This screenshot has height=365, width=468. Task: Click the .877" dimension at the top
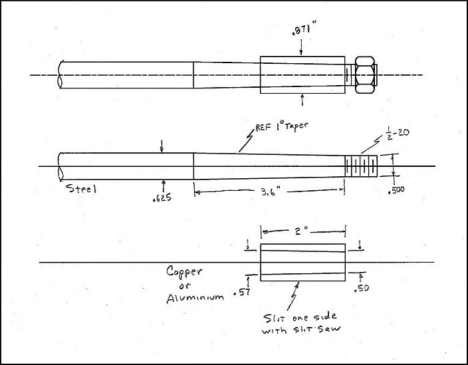pos(304,29)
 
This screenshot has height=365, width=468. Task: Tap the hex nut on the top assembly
pos(364,75)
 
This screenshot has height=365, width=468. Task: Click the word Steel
pos(81,188)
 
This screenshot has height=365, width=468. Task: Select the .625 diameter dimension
pos(162,197)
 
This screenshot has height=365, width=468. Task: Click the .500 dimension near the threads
pos(396,189)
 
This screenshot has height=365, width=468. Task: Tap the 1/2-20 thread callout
pos(398,132)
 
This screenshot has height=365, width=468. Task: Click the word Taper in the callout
pos(295,126)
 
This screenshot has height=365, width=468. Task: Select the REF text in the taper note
pos(263,128)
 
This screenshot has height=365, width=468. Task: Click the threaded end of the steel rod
pos(361,166)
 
